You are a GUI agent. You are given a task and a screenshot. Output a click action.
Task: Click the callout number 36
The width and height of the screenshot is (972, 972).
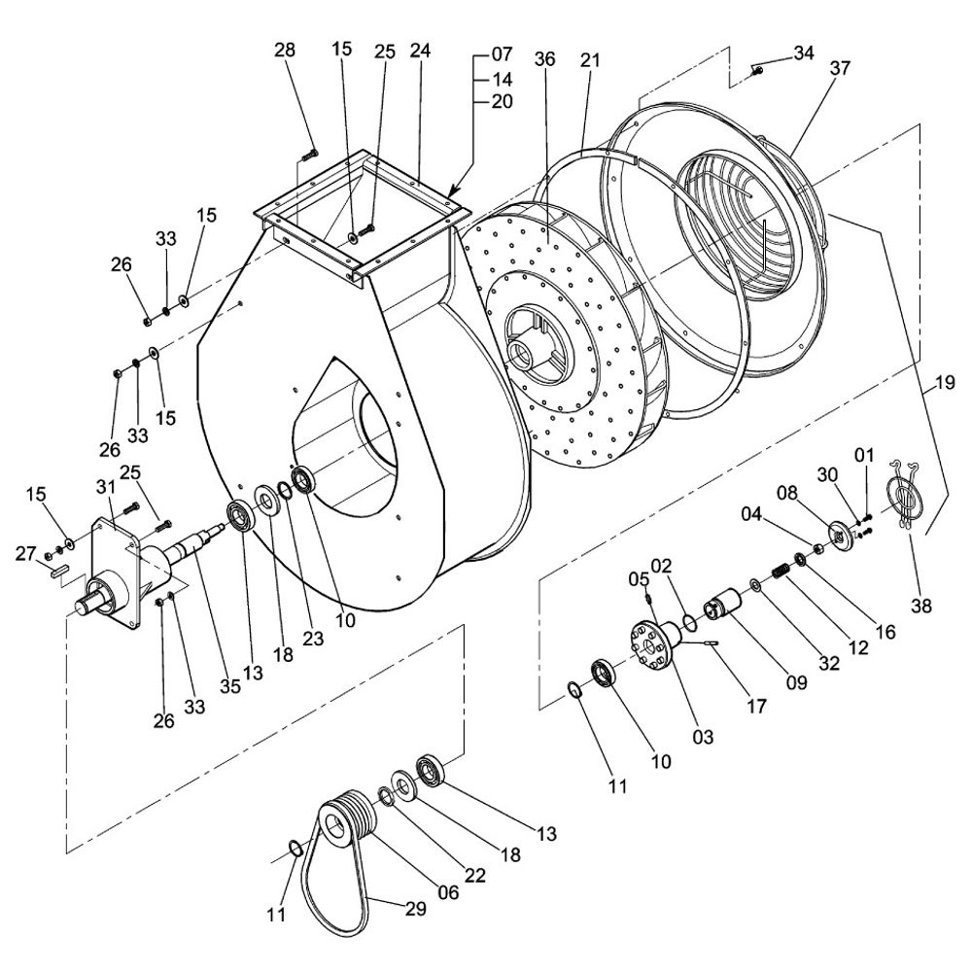click(x=544, y=59)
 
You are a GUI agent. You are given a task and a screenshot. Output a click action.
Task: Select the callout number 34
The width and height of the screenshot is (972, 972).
click(x=803, y=52)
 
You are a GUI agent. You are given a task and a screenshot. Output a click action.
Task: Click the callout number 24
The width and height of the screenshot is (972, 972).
click(x=419, y=50)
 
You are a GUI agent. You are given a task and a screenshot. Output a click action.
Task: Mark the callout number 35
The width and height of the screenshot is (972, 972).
click(x=229, y=686)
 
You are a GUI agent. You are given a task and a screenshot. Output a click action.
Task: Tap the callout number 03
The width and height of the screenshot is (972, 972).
click(x=703, y=737)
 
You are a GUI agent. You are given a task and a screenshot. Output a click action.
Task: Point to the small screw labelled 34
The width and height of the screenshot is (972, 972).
click(x=757, y=68)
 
